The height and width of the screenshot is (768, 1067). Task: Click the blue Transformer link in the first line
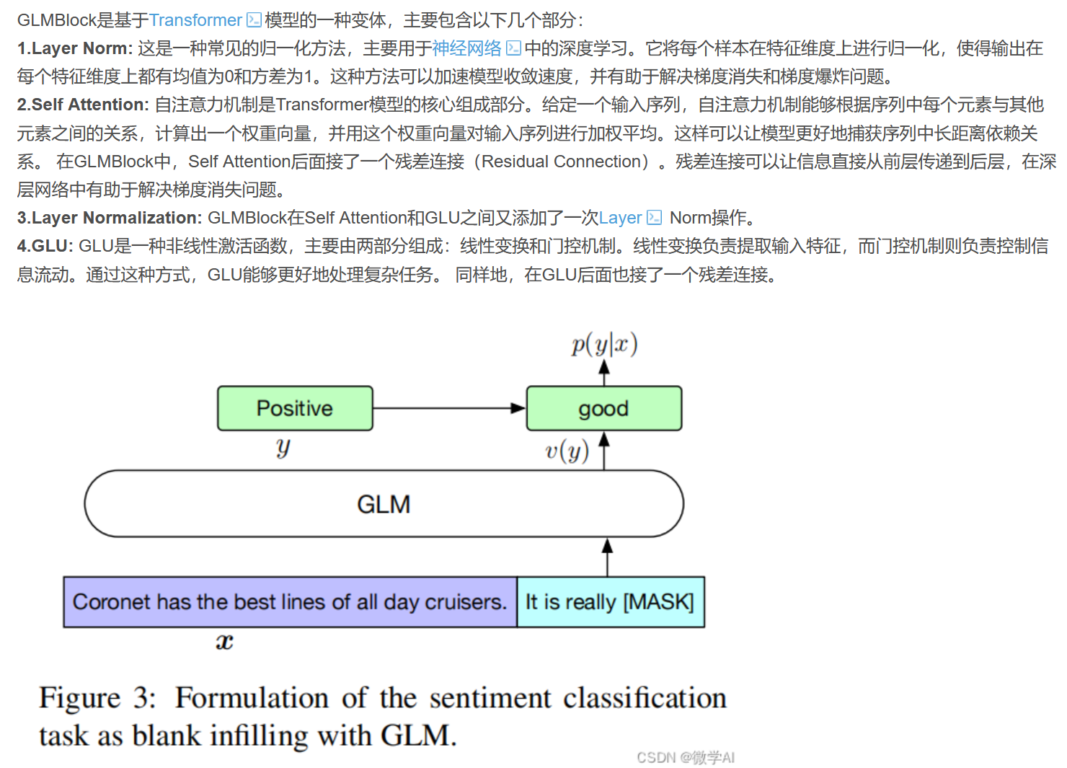195,20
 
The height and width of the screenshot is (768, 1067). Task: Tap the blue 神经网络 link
466,48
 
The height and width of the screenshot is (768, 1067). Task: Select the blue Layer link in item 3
620,218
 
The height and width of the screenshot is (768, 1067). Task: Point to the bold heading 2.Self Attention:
83,105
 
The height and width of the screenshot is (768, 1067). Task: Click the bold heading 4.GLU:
45,246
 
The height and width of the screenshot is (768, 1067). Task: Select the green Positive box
295,408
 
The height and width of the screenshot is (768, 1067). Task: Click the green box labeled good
603,408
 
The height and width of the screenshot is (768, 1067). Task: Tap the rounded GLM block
384,504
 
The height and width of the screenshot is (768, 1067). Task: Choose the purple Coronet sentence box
290,601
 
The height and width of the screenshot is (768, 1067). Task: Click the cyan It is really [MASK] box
610,601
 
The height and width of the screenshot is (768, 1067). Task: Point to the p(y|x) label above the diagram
604,344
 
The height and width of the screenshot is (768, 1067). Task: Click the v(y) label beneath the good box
567,451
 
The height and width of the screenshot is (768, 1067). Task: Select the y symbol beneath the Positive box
283,447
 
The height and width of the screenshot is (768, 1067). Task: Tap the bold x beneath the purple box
224,641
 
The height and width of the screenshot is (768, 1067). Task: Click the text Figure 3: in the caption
97,698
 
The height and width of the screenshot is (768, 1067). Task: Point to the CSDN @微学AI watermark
685,757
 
